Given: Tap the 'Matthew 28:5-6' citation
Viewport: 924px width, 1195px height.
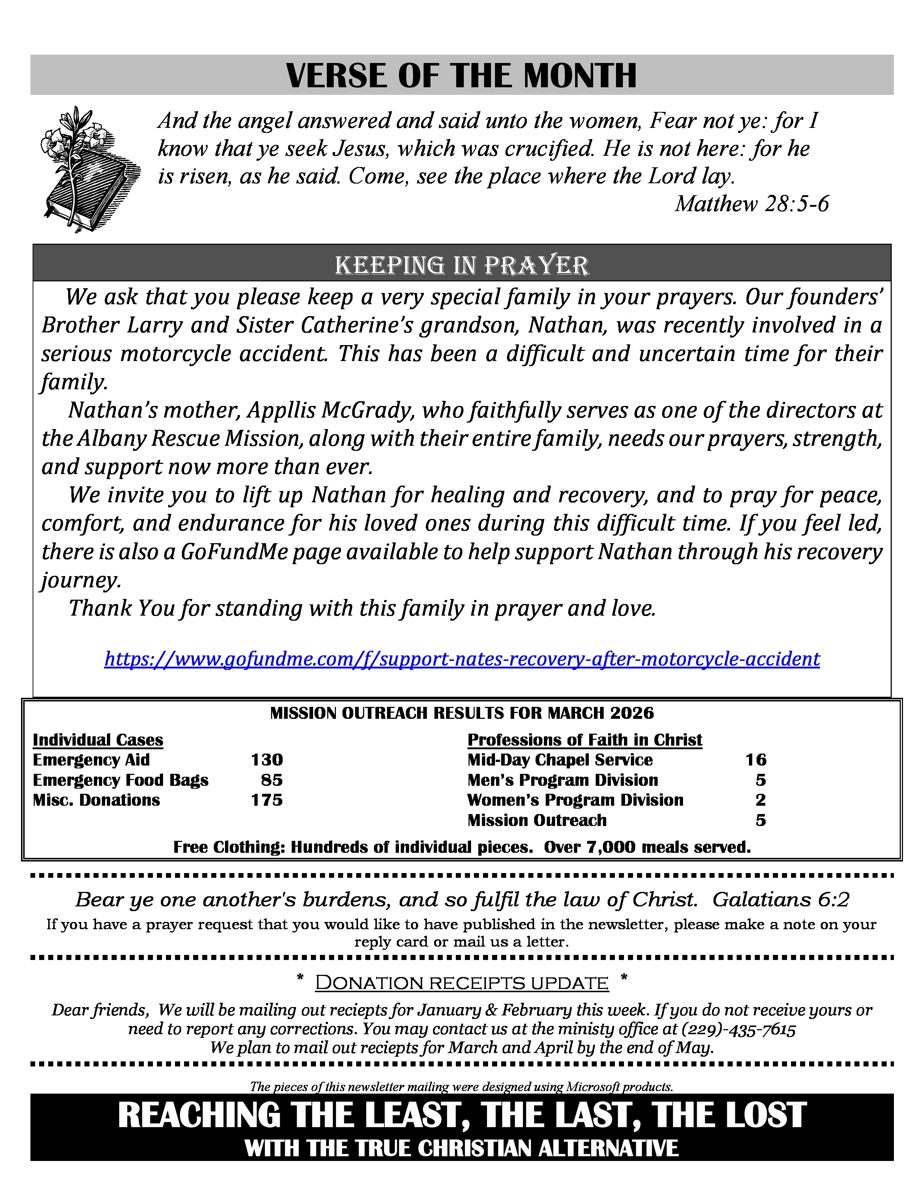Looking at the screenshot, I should [752, 204].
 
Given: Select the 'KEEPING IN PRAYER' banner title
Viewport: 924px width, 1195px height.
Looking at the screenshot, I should [461, 265].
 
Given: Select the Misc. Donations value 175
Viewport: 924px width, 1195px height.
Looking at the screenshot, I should [267, 800].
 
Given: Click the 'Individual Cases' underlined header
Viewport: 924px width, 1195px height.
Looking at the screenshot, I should [98, 740].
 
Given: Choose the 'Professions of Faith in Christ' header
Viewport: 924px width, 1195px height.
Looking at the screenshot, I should [584, 740].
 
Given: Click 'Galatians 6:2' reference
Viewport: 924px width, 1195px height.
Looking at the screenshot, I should [781, 899].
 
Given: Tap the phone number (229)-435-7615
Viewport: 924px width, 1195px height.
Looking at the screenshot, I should [738, 1029].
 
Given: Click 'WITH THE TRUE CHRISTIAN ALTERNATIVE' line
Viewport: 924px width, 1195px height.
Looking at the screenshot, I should [461, 1148].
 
